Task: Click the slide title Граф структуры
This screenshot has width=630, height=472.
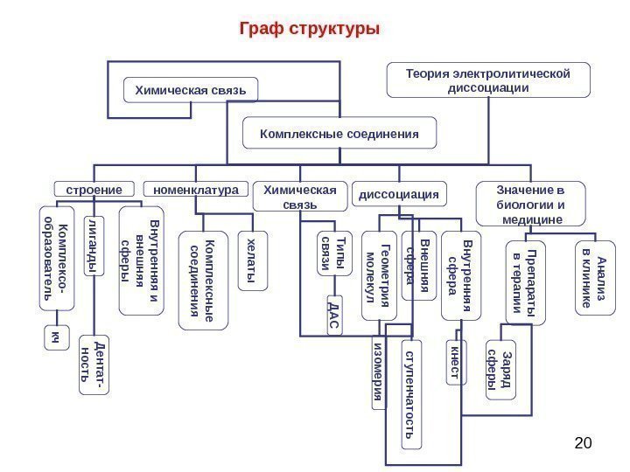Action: [310, 29]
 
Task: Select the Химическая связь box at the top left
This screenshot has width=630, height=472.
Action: [192, 89]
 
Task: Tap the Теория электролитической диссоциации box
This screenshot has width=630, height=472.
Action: [487, 80]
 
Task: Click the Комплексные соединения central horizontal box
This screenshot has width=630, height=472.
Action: [339, 134]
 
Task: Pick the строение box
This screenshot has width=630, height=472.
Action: [94, 188]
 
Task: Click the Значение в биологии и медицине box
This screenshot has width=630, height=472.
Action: [520, 204]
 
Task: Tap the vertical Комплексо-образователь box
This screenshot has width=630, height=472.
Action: [55, 259]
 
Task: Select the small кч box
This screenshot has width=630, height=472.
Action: [55, 337]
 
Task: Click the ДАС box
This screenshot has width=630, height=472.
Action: [332, 316]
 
